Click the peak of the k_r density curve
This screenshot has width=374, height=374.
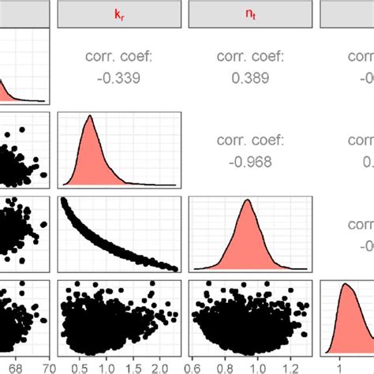pos(89,118)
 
